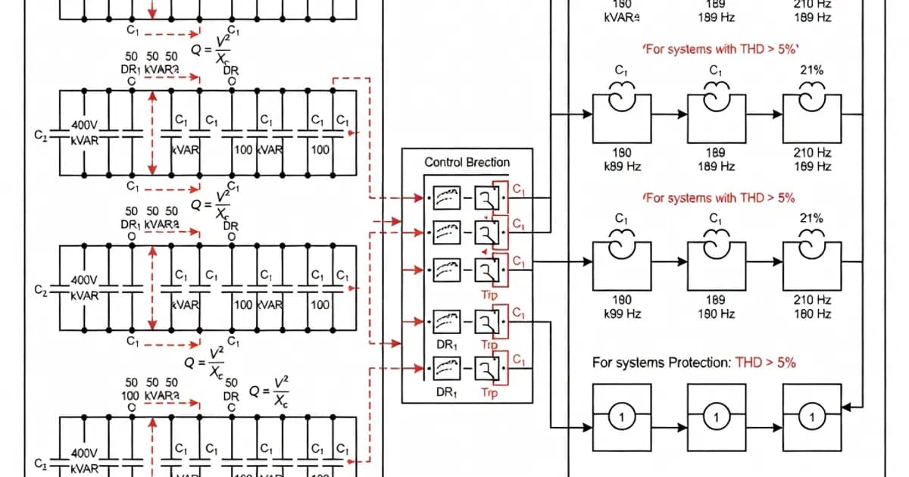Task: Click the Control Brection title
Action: [x=467, y=162]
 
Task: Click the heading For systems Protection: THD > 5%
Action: [x=693, y=363]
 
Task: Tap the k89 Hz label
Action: [x=621, y=166]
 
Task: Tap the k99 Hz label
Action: [x=621, y=313]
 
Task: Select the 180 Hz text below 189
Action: [x=716, y=313]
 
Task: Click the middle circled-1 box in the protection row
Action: [x=717, y=416]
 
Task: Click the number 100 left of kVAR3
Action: [x=131, y=395]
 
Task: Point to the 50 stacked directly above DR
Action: [x=232, y=383]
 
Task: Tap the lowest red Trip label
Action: [x=489, y=393]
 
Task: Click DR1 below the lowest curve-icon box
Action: [x=447, y=393]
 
